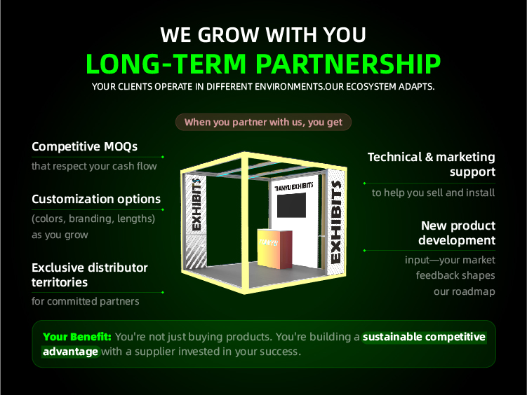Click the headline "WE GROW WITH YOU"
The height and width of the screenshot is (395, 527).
pyautogui.click(x=263, y=35)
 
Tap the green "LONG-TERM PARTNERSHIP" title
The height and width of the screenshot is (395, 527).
pyautogui.click(x=263, y=64)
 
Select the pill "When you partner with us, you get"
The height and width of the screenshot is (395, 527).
pyautogui.click(x=264, y=122)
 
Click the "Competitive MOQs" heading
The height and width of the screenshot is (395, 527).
pyautogui.click(x=84, y=146)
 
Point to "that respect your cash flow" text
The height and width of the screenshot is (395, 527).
pyautogui.click(x=94, y=166)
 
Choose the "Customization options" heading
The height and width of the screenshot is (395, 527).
pyautogui.click(x=96, y=199)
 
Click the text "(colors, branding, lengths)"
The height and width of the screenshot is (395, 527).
pyautogui.click(x=93, y=219)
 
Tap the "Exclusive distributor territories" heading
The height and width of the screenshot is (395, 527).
pyautogui.click(x=90, y=275)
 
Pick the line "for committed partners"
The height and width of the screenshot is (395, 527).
pyautogui.click(x=86, y=301)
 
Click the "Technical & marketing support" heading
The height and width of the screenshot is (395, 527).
pyautogui.click(x=432, y=164)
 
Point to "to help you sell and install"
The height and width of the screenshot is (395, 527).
pyautogui.click(x=433, y=193)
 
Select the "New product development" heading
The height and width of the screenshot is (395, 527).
pyautogui.click(x=457, y=233)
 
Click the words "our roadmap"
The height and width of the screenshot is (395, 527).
pyautogui.click(x=465, y=291)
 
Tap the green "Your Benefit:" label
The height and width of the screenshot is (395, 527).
pyautogui.click(x=77, y=337)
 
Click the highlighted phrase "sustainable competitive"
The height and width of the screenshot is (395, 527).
pyautogui.click(x=424, y=337)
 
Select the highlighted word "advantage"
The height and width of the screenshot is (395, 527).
pyautogui.click(x=71, y=352)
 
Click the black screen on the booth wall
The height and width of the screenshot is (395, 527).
pyautogui.click(x=291, y=205)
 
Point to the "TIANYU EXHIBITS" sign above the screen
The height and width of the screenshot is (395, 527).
pyautogui.click(x=294, y=186)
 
